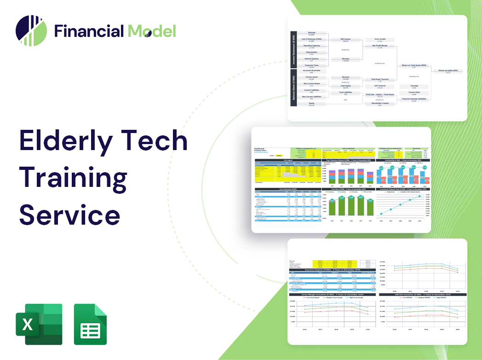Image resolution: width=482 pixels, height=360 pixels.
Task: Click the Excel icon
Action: coord(39,324)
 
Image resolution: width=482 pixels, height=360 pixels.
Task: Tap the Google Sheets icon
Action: coord(91,324)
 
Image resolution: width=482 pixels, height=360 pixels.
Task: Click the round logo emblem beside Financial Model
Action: coord(31,31)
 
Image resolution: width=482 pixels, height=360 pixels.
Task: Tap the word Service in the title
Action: coord(69,214)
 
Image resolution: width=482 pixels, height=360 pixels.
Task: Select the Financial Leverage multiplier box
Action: coord(413,99)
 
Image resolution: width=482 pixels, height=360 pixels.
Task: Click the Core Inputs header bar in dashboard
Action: coord(288,160)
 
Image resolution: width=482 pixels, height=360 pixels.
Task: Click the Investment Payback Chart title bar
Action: coord(403,189)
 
